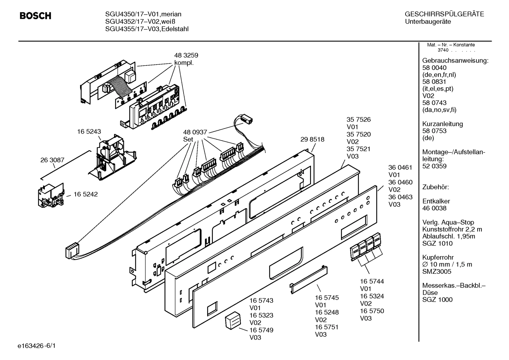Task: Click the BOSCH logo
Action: click(35, 16)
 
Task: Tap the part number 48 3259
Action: click(186, 55)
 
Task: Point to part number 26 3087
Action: click(52, 160)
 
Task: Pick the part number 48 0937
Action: click(195, 132)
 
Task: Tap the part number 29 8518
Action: click(312, 139)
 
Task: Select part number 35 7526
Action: click(359, 120)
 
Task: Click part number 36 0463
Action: click(400, 197)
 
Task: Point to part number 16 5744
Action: click(372, 282)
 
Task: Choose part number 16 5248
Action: click(327, 312)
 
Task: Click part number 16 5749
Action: click(261, 330)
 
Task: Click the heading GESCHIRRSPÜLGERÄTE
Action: click(444, 14)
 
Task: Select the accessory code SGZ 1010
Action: click(437, 243)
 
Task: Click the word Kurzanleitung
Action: click(443, 124)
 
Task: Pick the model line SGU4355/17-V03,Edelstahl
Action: click(147, 29)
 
